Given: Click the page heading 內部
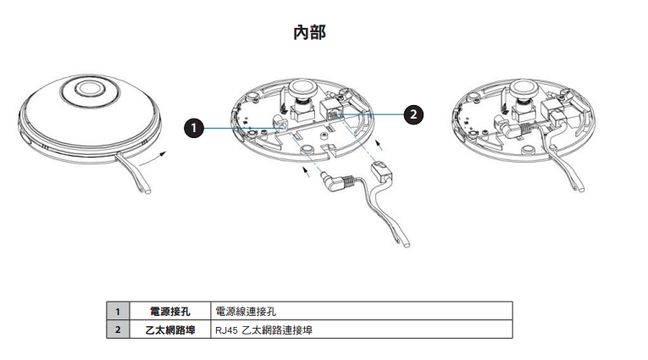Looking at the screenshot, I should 308,32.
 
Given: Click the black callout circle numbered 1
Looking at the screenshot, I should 195,128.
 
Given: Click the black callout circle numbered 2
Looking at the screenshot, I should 413,113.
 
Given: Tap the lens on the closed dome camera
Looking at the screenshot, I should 88,88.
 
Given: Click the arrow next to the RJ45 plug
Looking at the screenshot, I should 380,138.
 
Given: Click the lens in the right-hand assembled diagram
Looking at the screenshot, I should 522,90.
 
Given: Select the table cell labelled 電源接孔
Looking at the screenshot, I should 169,312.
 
